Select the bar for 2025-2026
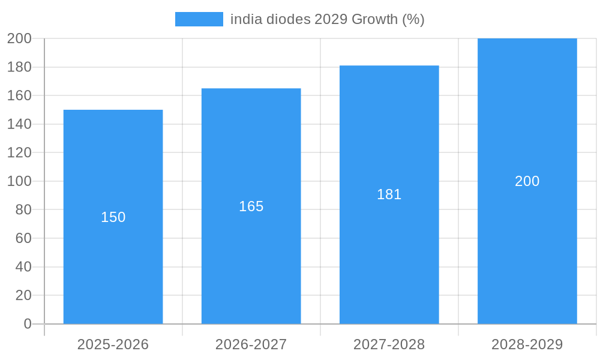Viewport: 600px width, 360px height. point(113,270)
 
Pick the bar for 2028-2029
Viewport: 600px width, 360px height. point(527,252)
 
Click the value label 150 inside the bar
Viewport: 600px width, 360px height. point(113,217)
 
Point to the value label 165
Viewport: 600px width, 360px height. point(251,206)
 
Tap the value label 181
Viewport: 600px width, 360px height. point(389,194)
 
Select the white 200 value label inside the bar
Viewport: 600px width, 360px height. point(527,181)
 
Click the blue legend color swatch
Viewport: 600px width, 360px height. point(199,19)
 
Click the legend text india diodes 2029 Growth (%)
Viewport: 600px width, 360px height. point(327,19)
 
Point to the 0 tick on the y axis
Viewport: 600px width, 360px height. point(28,324)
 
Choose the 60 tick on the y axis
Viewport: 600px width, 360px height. point(23,238)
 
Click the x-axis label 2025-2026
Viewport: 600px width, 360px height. point(113,344)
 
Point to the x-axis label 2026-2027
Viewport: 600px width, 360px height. point(251,344)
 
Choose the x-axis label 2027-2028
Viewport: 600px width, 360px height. point(389,344)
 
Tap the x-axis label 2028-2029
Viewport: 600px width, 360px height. point(527,344)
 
